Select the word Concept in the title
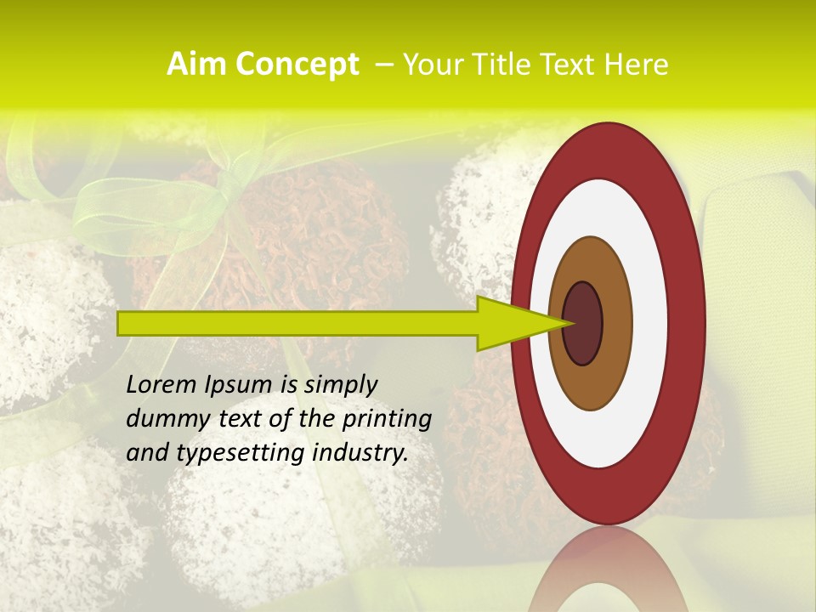click(297, 65)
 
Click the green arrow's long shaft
click(297, 324)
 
